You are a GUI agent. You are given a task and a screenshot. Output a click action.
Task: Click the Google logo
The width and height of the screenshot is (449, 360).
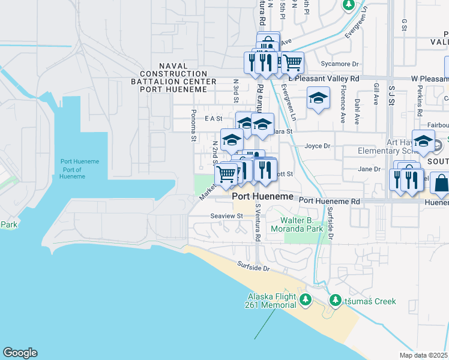(x=20, y=353)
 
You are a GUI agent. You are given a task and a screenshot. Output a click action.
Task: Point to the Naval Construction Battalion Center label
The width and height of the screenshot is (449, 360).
(x=178, y=77)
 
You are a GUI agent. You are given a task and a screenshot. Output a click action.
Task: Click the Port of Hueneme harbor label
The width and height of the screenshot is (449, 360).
(x=79, y=169)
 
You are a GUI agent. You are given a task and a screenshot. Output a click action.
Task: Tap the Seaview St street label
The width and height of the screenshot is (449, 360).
(x=226, y=215)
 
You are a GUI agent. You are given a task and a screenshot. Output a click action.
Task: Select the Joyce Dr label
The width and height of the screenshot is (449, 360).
(x=318, y=146)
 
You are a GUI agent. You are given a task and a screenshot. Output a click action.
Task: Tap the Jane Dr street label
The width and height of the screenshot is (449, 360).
(x=369, y=169)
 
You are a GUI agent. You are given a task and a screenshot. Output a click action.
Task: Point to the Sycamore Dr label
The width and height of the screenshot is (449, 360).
(x=339, y=64)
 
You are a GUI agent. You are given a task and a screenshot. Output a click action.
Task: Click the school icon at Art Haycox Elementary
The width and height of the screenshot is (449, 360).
(x=423, y=140)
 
